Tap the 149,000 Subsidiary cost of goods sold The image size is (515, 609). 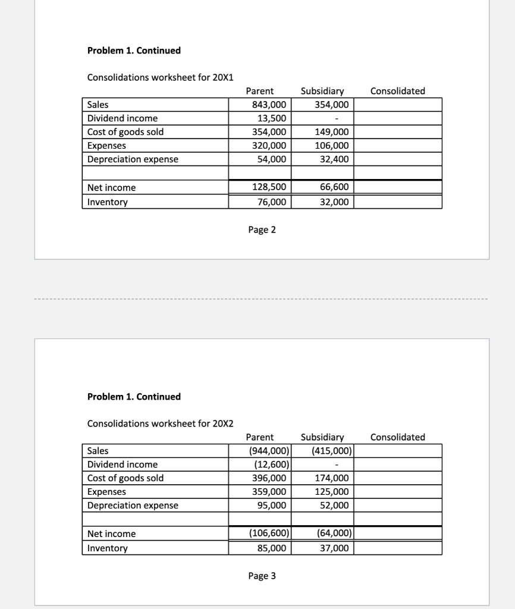(333, 132)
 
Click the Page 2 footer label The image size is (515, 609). (262, 230)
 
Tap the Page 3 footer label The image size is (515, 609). (262, 576)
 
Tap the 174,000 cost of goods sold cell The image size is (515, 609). (333, 478)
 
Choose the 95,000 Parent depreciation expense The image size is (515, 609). (272, 506)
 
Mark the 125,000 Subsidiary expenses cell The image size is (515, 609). (333, 492)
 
